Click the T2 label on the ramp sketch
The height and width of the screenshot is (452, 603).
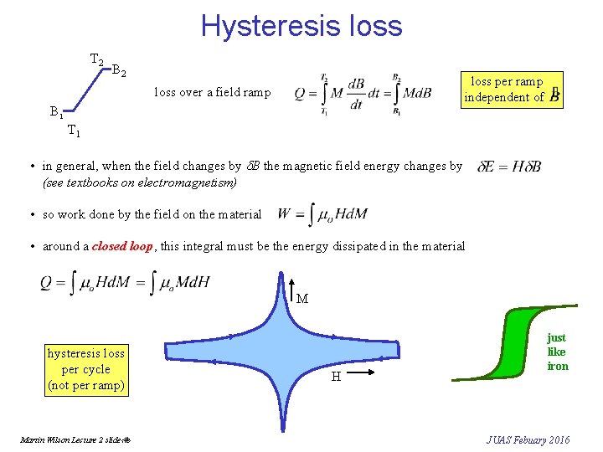pos(96,60)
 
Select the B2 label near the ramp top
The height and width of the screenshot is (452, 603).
pos(119,71)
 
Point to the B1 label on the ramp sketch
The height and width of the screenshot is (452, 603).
pos(55,110)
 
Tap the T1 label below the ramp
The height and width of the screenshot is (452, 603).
pos(74,131)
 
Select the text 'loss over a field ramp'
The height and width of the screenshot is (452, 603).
pos(212,92)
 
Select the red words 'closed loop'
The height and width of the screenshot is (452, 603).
pos(122,246)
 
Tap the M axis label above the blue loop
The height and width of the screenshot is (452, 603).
pos(302,299)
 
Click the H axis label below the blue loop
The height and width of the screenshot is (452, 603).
pos(335,377)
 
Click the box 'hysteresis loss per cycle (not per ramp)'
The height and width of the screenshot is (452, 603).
pos(86,369)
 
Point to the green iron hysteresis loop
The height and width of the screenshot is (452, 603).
pos(502,345)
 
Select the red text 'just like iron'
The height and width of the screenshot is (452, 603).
pos(557,352)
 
